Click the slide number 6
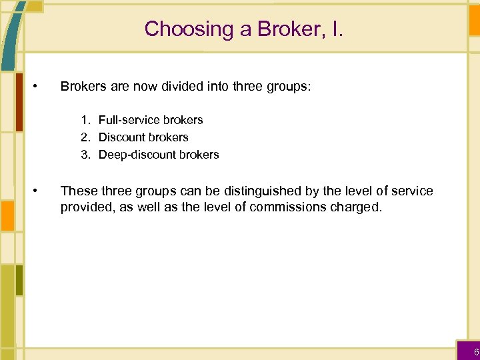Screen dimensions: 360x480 (476, 352)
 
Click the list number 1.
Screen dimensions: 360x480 (85, 120)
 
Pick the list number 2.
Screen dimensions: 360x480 (85, 137)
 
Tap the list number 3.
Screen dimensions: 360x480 (85, 155)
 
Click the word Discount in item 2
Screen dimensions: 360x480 (123, 137)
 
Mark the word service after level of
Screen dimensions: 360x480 (412, 191)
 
